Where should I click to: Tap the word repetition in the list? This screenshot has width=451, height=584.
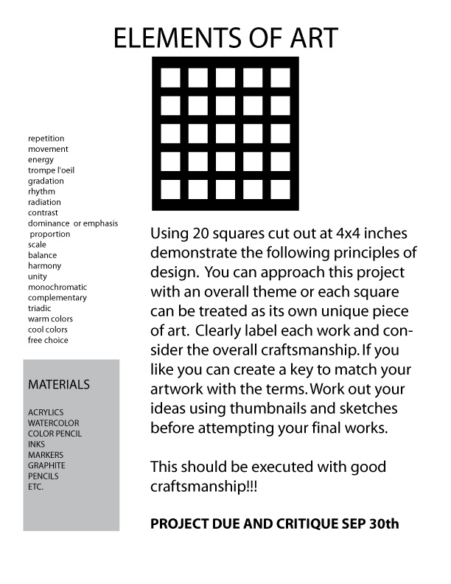(x=46, y=139)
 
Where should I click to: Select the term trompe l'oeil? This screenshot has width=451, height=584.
(x=51, y=170)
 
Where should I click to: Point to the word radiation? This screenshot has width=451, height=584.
(x=44, y=202)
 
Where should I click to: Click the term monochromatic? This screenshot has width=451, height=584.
(x=57, y=287)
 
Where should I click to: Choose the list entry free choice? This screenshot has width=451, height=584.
(x=48, y=340)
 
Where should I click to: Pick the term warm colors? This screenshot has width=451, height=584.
(x=49, y=319)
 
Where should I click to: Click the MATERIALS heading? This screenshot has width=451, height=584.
(x=59, y=385)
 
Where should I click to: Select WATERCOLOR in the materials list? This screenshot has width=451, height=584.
(x=53, y=423)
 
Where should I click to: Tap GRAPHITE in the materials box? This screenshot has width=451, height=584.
(x=46, y=465)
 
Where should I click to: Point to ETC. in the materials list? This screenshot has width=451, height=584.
(x=35, y=487)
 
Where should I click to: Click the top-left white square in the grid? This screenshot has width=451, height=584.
(x=171, y=77)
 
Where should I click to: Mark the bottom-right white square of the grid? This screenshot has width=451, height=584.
(x=280, y=188)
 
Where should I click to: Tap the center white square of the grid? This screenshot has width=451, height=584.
(x=225, y=133)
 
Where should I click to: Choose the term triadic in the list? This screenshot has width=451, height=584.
(x=40, y=308)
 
